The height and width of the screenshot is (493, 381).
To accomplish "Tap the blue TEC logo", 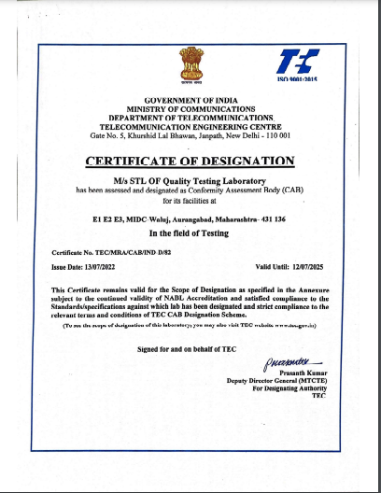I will (297, 62).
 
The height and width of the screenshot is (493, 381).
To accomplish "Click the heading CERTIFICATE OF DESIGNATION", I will (190, 162).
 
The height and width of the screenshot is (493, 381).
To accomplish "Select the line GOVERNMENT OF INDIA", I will (190, 99).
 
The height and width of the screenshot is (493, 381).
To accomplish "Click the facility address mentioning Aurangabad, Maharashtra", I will (190, 217).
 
